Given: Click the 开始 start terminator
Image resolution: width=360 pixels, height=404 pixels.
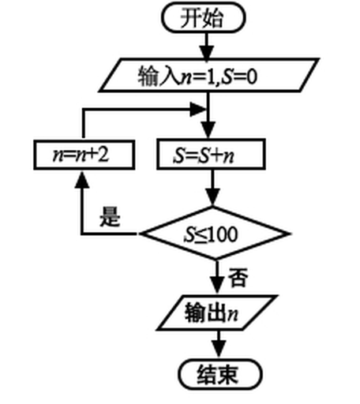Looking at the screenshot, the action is click(204, 17).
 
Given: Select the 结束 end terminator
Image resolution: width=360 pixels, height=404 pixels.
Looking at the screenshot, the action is click(220, 374).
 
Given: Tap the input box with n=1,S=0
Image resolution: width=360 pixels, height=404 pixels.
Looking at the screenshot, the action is click(209, 75).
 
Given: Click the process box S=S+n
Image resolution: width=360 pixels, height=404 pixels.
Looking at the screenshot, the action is click(211, 154).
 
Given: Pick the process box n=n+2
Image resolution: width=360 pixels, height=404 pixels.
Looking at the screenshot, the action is click(84, 155).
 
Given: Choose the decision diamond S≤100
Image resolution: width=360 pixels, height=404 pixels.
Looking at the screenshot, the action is click(215, 234).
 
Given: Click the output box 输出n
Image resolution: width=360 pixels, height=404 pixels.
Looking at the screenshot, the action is click(217, 312).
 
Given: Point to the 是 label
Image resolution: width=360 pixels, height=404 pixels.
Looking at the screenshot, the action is click(110, 216).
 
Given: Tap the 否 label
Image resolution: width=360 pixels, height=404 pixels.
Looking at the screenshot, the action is click(238, 277).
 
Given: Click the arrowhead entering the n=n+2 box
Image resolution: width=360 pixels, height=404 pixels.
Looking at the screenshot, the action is click(82, 179).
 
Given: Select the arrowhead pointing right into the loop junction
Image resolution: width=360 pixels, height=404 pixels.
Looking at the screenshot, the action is click(197, 109).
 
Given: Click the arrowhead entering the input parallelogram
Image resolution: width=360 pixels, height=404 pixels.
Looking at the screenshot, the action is click(206, 52).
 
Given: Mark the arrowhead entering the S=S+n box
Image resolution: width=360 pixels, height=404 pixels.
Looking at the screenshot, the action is click(208, 130).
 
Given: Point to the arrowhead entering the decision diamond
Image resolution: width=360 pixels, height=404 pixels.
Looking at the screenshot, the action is click(212, 196).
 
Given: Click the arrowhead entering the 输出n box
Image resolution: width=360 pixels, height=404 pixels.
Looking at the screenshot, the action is click(217, 285).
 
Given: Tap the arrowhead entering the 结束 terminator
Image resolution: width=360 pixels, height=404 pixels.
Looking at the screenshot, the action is click(219, 349).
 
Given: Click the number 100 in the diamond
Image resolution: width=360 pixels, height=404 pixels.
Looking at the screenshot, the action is click(224, 234).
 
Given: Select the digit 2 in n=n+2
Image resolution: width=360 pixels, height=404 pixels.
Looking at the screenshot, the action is click(103, 155).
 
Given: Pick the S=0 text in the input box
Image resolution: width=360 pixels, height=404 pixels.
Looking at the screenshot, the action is click(239, 77).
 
